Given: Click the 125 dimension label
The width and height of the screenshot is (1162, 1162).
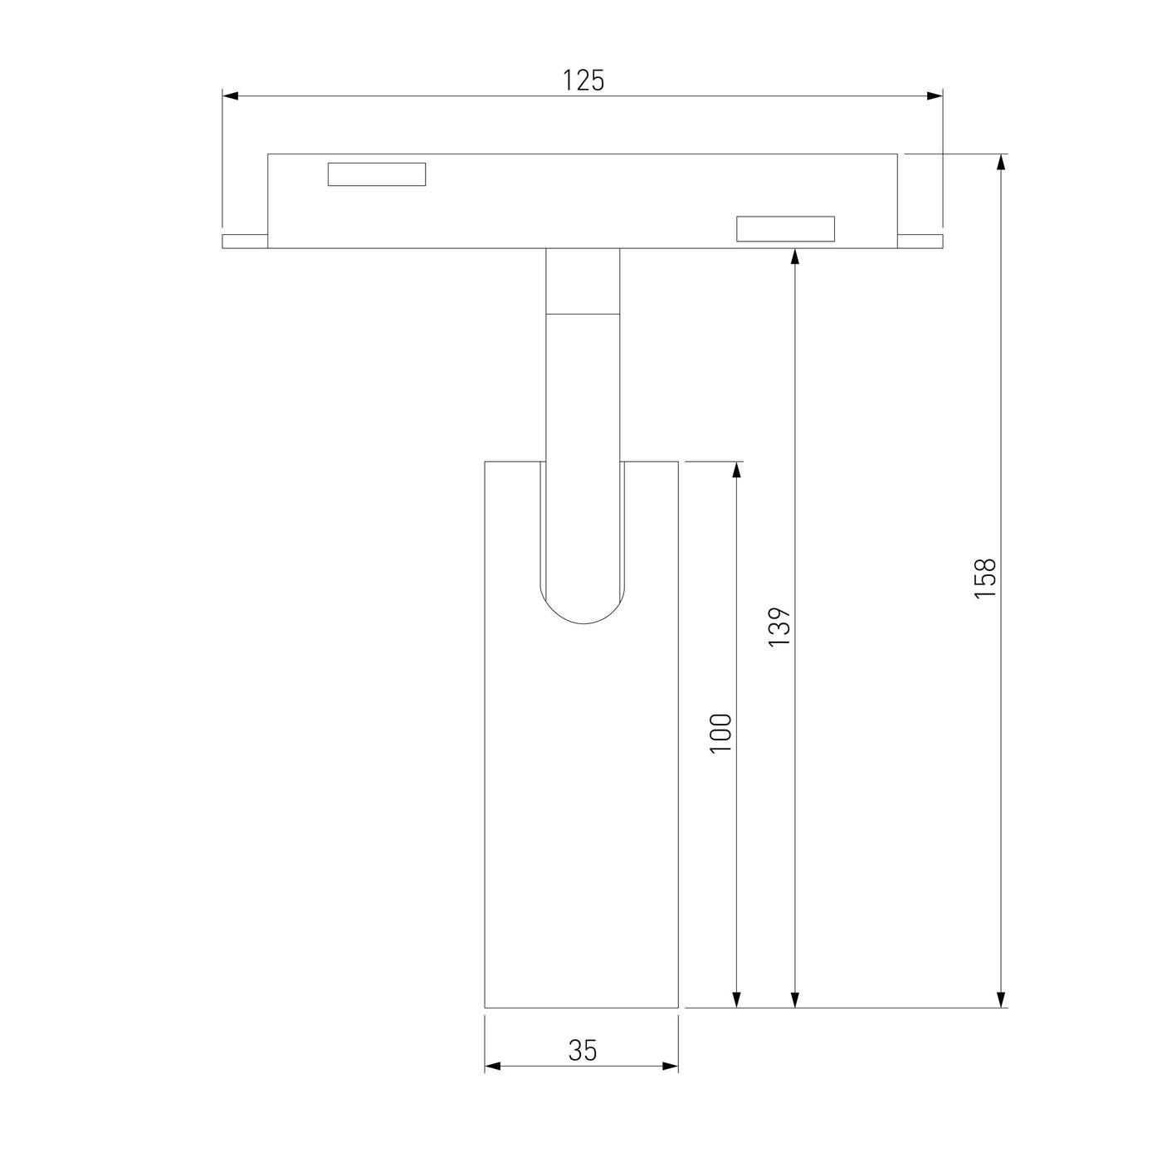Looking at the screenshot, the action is pyautogui.click(x=583, y=81).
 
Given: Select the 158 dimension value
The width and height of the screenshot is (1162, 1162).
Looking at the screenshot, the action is pyautogui.click(x=984, y=579).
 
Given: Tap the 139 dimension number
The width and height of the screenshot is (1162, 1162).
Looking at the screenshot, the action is pyautogui.click(x=779, y=627).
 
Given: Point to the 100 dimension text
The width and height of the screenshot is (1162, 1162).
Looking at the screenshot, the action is pyautogui.click(x=720, y=733).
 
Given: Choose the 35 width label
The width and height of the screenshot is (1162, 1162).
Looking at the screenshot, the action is pyautogui.click(x=583, y=1051).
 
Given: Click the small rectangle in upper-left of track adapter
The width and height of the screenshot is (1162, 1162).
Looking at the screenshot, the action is pyautogui.click(x=377, y=174).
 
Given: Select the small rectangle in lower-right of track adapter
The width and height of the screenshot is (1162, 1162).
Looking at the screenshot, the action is pyautogui.click(x=786, y=228).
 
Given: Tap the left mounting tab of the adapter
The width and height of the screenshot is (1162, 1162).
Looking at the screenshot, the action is pyautogui.click(x=245, y=242).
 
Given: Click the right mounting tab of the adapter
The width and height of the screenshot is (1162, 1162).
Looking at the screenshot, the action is pyautogui.click(x=920, y=242).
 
